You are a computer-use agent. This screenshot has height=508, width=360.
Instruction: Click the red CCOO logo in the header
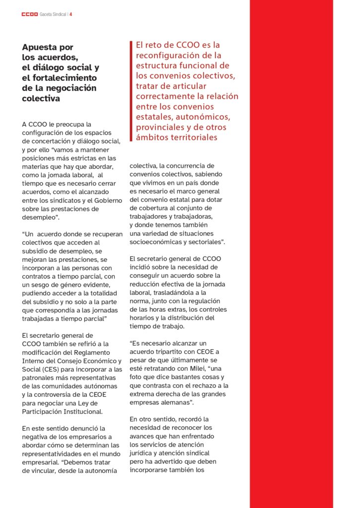29,14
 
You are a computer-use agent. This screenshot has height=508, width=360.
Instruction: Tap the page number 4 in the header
71,14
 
